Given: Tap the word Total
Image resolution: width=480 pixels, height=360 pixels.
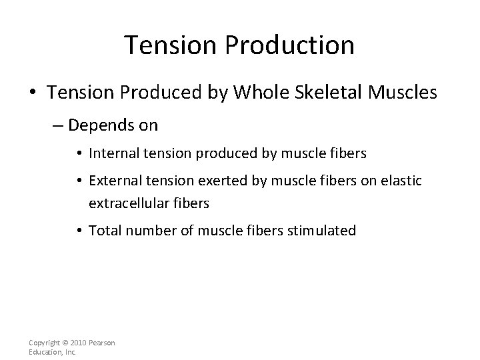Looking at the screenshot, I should [103, 231].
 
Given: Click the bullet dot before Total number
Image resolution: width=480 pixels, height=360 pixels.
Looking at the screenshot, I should [80, 231].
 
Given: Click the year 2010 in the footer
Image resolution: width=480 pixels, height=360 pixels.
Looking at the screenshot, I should [79, 343].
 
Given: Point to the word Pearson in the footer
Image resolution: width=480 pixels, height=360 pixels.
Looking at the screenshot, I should [101, 343].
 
